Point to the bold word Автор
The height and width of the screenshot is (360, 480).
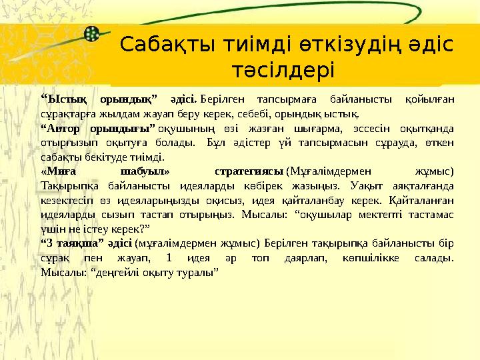click(x=64, y=127)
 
